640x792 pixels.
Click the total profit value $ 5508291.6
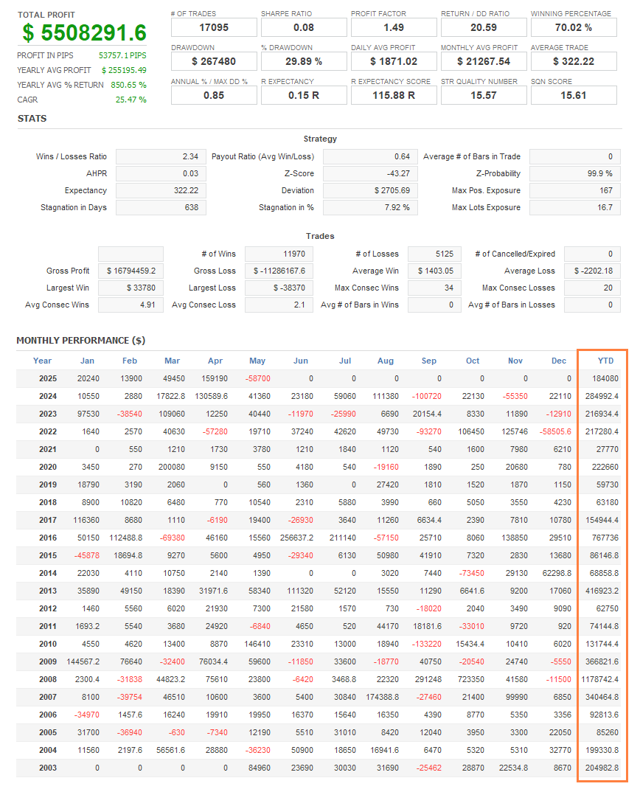coord(84,32)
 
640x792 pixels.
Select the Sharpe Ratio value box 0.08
coord(304,27)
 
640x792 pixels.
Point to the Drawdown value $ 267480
coord(214,61)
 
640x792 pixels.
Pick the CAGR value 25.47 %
coord(131,100)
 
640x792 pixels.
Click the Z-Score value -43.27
coord(370,173)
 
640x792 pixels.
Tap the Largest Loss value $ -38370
coord(279,288)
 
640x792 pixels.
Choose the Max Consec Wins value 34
coord(435,288)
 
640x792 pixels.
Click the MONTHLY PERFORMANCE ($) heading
coord(81,341)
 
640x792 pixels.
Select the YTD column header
coord(605,361)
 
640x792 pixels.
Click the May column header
coord(257,361)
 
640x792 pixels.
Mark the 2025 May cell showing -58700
coord(257,378)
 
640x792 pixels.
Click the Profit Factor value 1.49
coord(394,27)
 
